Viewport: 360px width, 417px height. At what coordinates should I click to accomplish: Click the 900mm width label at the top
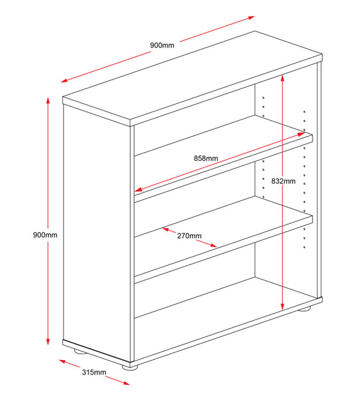coord(162,45)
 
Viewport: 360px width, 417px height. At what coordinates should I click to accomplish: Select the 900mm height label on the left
coord(45,235)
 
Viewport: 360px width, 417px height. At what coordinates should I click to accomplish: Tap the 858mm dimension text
coord(206,158)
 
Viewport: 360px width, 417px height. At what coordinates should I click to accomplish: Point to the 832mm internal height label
coord(283,182)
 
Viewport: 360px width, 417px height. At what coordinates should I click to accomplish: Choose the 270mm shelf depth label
coord(189,235)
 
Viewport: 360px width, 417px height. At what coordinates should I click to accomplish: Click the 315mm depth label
coord(94,372)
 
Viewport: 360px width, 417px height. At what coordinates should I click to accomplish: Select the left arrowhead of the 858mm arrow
coord(137,191)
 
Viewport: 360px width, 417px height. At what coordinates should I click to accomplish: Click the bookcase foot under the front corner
coord(131,368)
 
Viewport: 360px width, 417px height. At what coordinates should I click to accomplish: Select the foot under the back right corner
coord(305,309)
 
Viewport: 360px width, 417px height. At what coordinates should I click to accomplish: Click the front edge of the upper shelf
coord(223,169)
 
